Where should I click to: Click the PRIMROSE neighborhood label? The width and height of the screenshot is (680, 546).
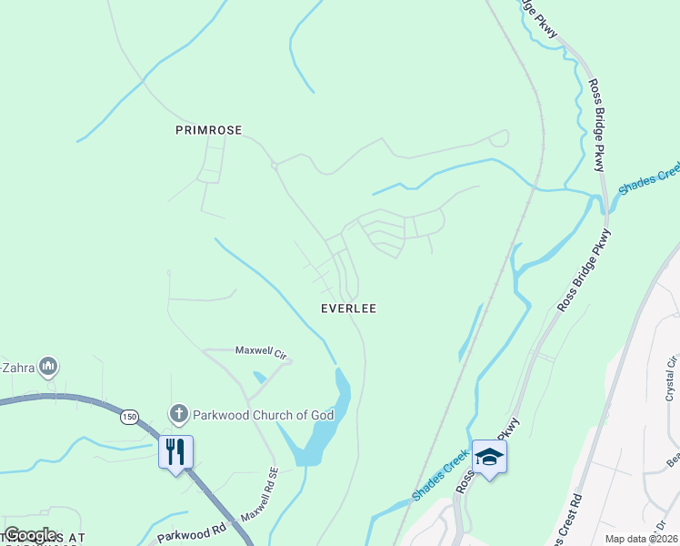[208, 130]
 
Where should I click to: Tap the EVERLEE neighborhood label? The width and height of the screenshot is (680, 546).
[348, 308]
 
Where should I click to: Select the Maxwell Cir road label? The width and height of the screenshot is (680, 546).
[261, 350]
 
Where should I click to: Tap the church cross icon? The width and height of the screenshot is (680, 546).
[179, 414]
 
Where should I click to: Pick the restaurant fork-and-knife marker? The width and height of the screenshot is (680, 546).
[175, 450]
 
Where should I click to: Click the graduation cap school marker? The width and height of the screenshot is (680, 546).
[488, 457]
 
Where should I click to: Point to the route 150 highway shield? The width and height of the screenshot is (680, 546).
[129, 417]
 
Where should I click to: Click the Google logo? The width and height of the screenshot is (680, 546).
[30, 535]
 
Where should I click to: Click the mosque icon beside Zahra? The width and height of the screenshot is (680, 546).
[49, 367]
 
